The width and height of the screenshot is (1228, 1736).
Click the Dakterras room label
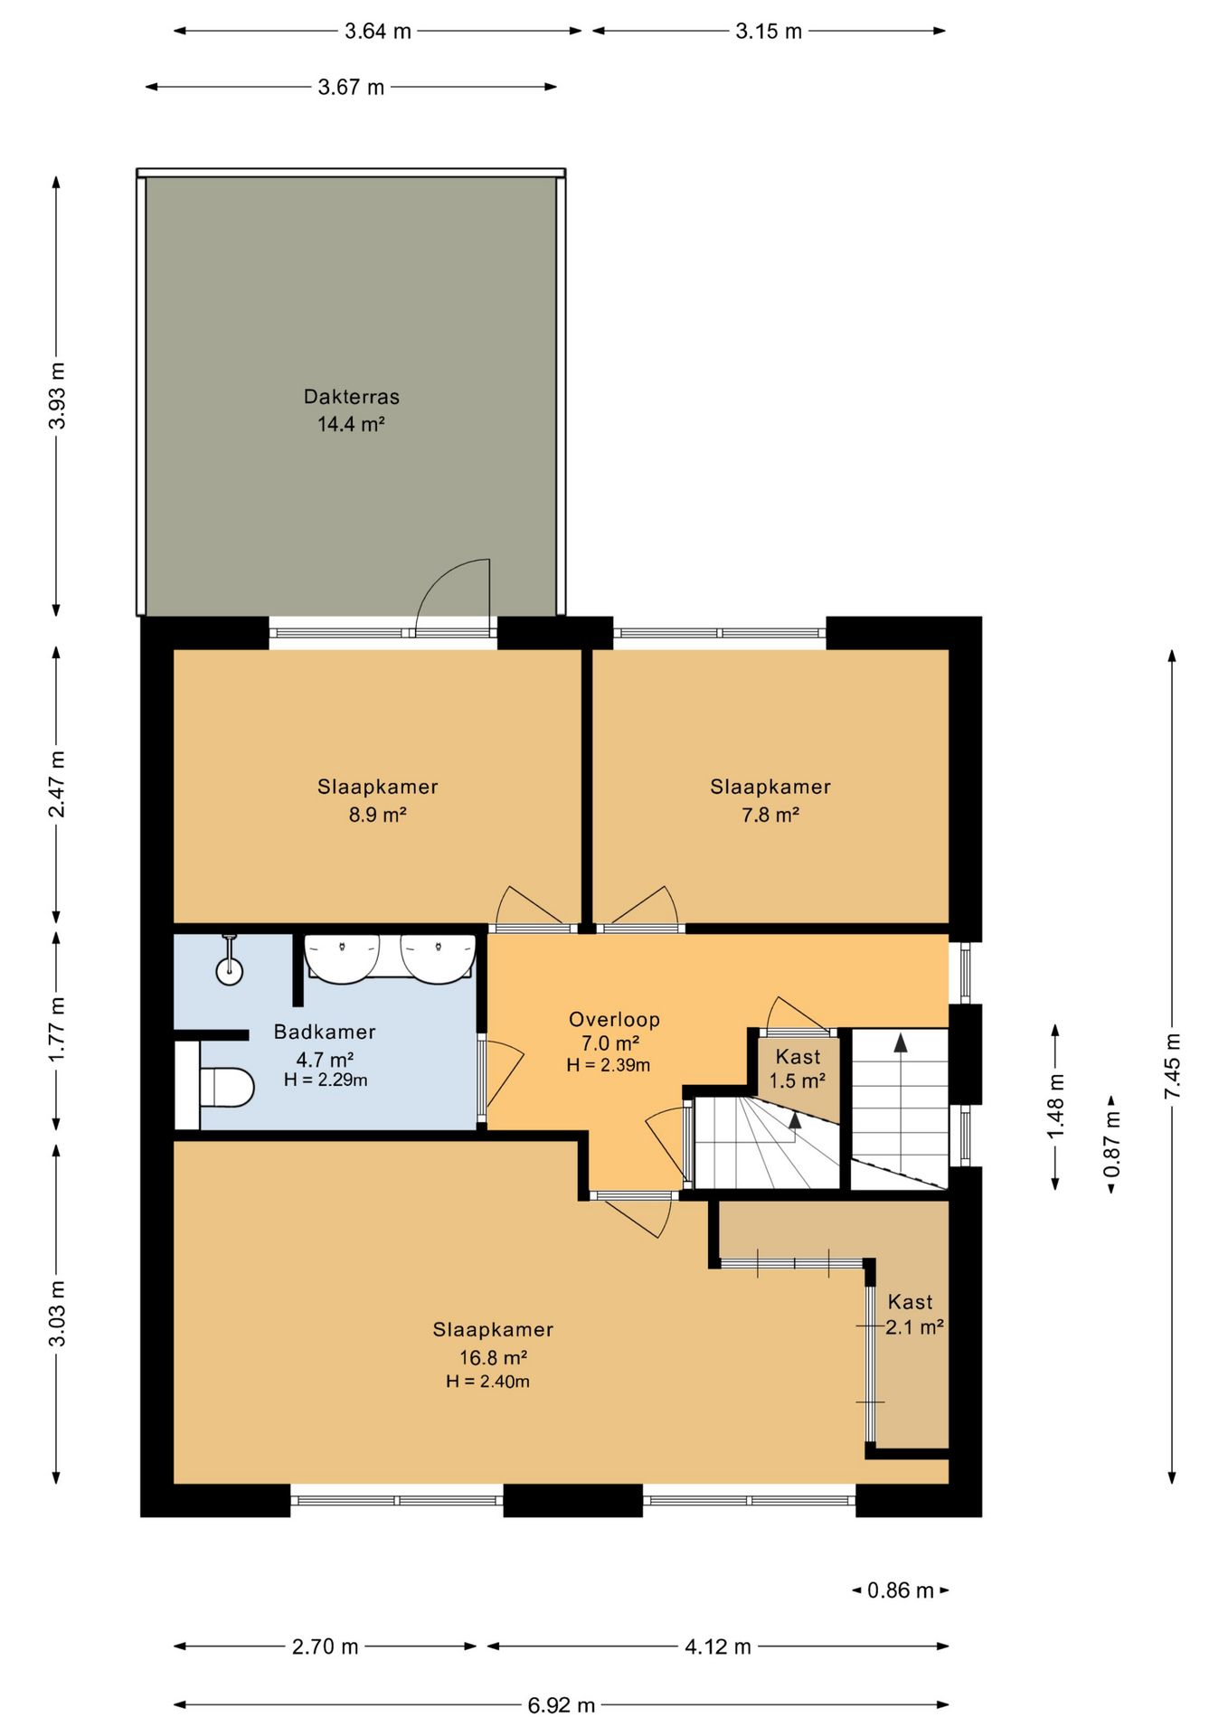point(352,397)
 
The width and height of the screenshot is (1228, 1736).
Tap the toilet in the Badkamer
point(225,1087)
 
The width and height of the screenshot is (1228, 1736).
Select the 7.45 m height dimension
point(1172,1067)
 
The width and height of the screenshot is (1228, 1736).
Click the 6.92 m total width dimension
point(562,1705)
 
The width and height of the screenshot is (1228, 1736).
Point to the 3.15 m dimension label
point(769,32)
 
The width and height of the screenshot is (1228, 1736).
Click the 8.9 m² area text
point(378,815)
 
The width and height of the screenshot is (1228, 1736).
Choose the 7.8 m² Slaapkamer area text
point(770,815)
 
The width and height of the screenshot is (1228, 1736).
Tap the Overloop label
point(614,1020)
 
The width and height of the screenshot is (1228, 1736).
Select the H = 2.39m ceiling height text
point(609,1065)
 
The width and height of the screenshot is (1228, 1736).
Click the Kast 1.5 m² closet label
point(798,1069)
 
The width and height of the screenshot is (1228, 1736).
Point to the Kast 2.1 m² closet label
point(913,1315)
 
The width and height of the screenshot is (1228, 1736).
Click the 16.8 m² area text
point(494,1357)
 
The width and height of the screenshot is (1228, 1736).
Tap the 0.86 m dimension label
point(901,1590)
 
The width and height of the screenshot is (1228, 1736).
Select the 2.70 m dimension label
point(326,1646)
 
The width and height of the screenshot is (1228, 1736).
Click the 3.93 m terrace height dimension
point(57,396)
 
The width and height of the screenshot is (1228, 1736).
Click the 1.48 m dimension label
point(1055,1106)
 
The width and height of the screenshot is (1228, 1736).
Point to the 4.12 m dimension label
point(718,1646)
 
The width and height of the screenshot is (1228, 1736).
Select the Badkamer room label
point(325,1032)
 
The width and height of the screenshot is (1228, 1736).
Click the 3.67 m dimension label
point(351,88)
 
